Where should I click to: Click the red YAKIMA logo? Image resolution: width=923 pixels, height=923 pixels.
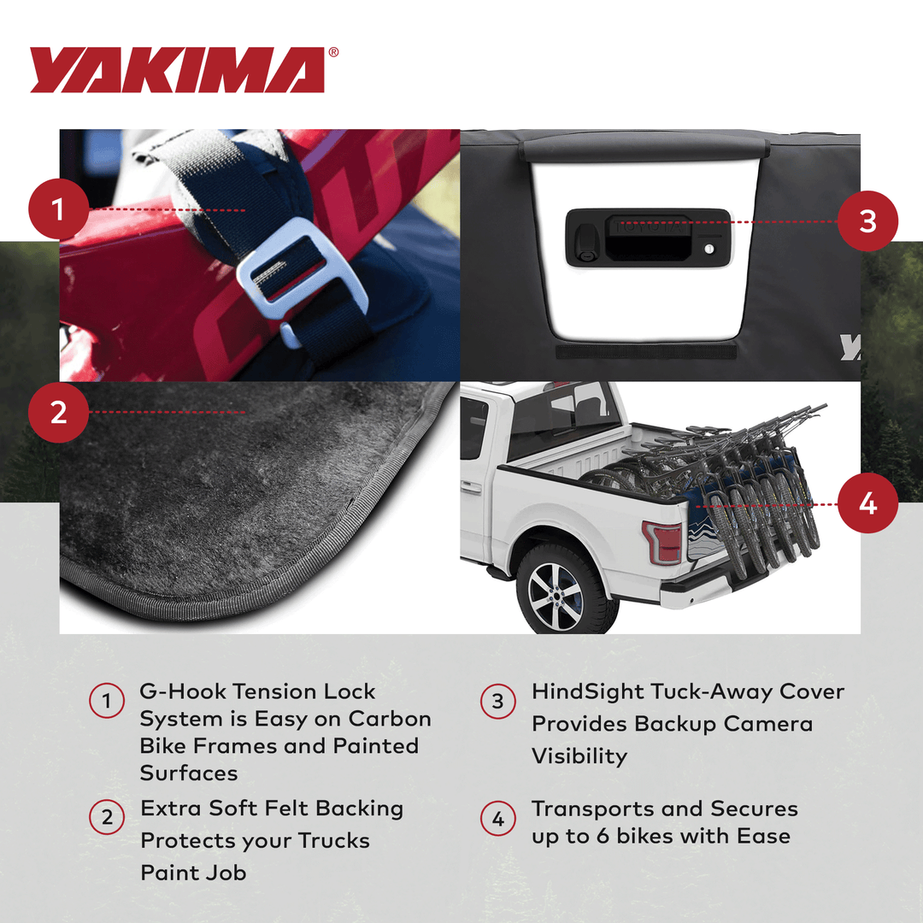pos(177,70)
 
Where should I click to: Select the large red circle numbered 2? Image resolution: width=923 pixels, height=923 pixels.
pos(58,413)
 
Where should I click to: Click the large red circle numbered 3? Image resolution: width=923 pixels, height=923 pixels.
pos(867,221)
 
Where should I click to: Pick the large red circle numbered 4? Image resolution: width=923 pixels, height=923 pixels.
pos(867,503)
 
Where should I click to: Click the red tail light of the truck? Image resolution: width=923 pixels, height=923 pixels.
pos(662,541)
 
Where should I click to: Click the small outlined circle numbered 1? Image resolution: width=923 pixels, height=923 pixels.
pos(107,703)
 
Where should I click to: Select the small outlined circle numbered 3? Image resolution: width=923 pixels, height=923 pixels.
pos(498,703)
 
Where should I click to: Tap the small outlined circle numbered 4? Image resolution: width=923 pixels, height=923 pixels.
pos(498,819)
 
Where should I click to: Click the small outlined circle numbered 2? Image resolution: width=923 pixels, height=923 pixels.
pos(107,819)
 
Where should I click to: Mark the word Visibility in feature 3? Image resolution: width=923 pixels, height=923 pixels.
pos(579,756)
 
